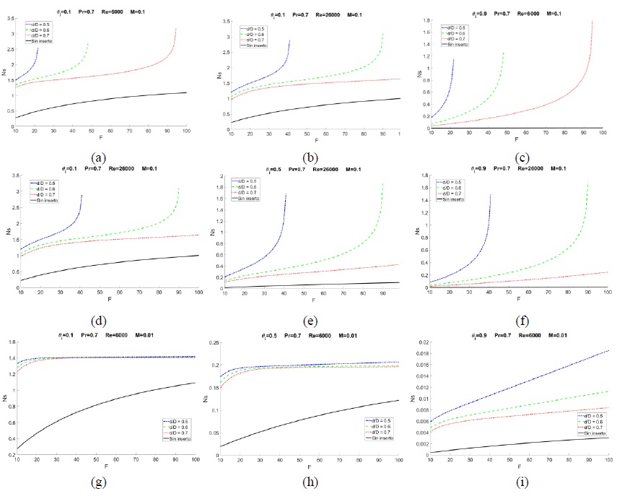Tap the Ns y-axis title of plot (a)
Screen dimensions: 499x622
5,70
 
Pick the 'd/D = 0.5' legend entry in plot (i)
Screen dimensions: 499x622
587,416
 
